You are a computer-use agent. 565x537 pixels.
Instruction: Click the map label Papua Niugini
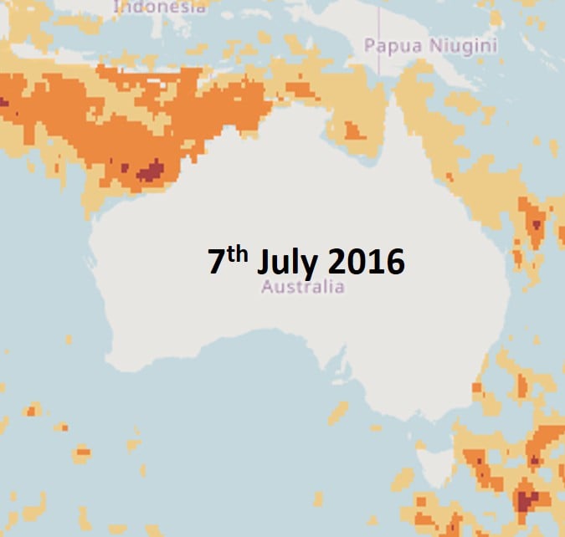coord(430,45)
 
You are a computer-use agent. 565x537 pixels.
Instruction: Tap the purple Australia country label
coord(302,287)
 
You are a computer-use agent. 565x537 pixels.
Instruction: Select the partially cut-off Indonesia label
coord(159,7)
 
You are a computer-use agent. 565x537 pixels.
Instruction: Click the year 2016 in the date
coord(366,263)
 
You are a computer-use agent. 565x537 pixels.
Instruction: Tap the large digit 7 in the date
coord(218,263)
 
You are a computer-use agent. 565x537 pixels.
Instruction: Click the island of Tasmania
coord(436,459)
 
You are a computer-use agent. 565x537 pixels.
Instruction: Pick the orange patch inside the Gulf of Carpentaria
coord(353,130)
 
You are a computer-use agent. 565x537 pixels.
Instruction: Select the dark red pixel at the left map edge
coord(3,102)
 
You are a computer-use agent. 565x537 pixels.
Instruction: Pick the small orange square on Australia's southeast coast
coord(477,388)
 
